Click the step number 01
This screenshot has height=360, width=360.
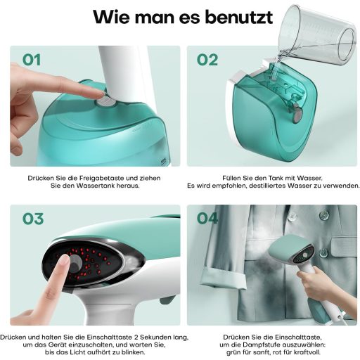32,60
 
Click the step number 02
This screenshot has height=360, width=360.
207,60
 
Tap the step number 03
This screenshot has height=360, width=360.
33,219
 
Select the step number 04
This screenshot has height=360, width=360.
207,219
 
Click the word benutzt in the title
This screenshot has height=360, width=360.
239,17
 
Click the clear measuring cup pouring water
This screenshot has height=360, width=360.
318,35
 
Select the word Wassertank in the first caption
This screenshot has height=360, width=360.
93,186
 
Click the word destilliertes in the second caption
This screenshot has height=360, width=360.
267,186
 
